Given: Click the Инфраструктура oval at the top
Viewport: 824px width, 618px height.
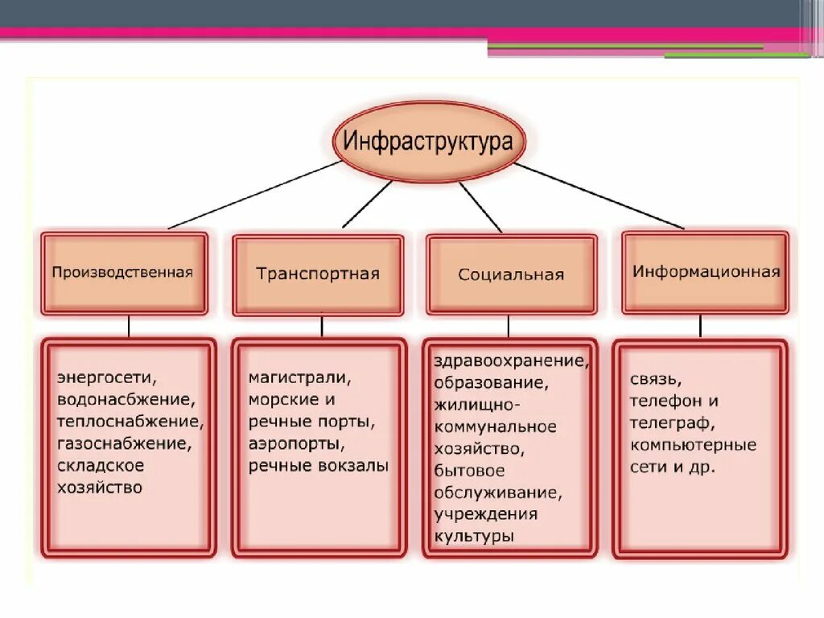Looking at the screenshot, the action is point(428,142).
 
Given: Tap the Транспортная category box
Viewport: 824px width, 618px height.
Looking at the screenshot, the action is point(318,274).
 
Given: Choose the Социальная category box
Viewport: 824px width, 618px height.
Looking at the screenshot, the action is point(512,274).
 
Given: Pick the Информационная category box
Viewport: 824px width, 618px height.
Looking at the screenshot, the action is point(706,272).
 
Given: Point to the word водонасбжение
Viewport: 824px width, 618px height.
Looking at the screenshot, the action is point(125,398).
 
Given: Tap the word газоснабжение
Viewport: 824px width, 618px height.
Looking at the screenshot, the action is point(124,443).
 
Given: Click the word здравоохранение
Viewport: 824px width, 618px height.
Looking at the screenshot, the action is point(511,360).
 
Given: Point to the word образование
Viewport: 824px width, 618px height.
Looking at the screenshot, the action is point(491,382).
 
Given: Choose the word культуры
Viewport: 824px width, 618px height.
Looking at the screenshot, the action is point(474,536).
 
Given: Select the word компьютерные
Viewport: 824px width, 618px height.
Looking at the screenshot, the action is point(693,444).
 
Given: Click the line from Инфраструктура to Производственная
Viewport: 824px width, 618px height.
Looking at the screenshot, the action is point(253,195).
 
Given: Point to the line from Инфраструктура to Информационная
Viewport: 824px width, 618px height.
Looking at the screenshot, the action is point(599,196).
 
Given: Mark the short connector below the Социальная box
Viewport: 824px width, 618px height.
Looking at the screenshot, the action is point(508,326).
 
